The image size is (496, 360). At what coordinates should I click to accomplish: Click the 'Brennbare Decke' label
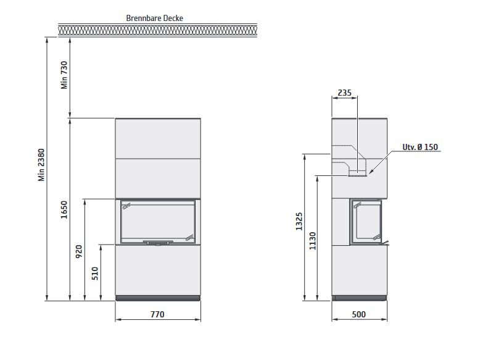coord(154,18)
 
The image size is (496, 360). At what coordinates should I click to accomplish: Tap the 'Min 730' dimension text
coord(64,75)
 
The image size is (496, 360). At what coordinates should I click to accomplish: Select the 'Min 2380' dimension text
coord(41,165)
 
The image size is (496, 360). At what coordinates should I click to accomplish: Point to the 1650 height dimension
coord(64,209)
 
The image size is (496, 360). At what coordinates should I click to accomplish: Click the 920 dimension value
coord(79,251)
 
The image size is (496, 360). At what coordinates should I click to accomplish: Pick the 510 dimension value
coord(95,274)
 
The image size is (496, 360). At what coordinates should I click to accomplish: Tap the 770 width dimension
coord(157,314)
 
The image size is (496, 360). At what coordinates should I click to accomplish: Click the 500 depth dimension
coord(358,314)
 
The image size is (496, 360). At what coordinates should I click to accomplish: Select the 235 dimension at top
coord(344,93)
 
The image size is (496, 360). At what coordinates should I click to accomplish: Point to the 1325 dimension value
coord(299,221)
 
